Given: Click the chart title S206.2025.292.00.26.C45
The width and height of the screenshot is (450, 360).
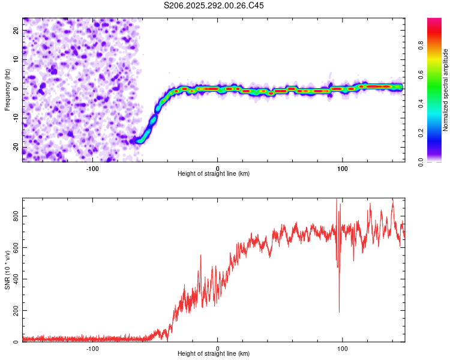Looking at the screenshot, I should pyautogui.click(x=214, y=5).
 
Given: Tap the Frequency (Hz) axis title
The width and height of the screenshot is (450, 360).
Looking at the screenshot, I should pyautogui.click(x=7, y=89).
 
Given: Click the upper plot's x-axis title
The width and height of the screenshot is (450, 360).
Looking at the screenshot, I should pyautogui.click(x=214, y=173).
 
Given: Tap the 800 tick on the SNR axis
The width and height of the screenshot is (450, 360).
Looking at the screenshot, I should pyautogui.click(x=16, y=215).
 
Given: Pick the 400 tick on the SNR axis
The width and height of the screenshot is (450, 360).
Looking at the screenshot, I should pyautogui.click(x=16, y=279).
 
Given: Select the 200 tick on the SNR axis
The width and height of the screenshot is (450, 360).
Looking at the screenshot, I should pyautogui.click(x=16, y=311).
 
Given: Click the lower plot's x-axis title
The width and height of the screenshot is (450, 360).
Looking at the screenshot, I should pyautogui.click(x=214, y=354).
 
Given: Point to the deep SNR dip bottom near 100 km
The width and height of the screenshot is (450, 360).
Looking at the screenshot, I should pyautogui.click(x=340, y=311).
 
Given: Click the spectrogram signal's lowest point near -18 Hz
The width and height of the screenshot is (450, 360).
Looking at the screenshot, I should pyautogui.click(x=140, y=142).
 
